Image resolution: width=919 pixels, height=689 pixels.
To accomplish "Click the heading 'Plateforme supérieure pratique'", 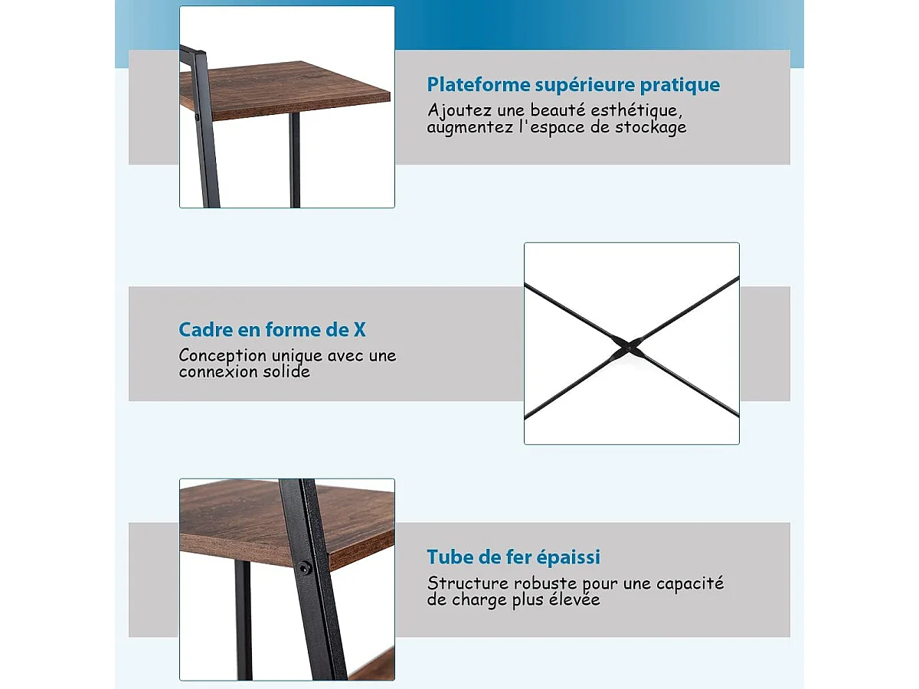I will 573,84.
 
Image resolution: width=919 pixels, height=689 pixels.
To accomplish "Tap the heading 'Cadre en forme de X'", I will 272,330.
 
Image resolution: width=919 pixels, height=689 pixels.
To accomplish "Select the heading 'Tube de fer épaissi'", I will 513,557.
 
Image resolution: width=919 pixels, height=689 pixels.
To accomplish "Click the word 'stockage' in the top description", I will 650,128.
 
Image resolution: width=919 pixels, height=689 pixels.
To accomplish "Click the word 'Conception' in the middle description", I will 222,356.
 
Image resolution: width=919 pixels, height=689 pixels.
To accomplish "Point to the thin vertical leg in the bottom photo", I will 243,620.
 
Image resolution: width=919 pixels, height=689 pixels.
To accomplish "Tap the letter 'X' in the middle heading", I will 358,330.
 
